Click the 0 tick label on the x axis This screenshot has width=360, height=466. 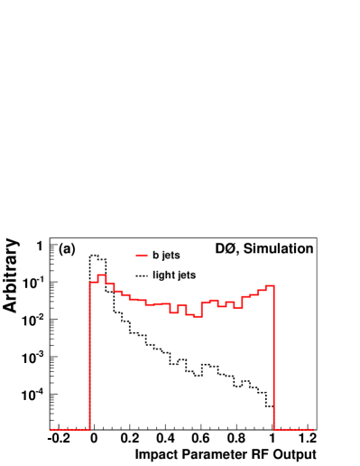[x=93, y=439]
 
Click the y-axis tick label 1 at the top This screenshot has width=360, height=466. [x=41, y=245]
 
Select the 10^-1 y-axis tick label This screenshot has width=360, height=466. [x=36, y=283]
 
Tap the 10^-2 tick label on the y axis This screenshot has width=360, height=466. [x=36, y=320]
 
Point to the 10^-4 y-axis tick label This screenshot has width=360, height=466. [x=36, y=395]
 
